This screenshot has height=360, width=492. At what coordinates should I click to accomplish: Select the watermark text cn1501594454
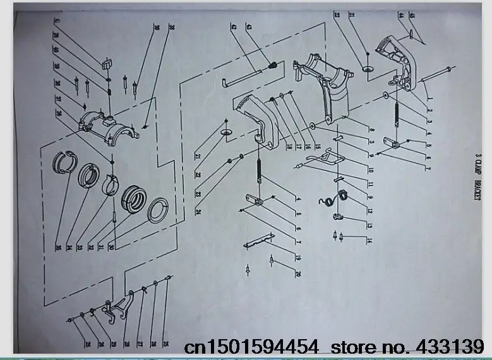click(x=252, y=347)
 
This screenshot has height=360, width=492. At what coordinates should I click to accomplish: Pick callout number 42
click(x=234, y=27)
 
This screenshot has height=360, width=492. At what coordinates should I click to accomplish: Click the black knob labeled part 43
click(x=273, y=65)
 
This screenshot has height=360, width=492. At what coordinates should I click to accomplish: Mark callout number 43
click(x=249, y=27)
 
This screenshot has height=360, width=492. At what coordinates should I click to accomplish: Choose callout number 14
click(x=368, y=240)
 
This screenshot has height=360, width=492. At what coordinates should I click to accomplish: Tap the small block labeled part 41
click(x=105, y=63)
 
